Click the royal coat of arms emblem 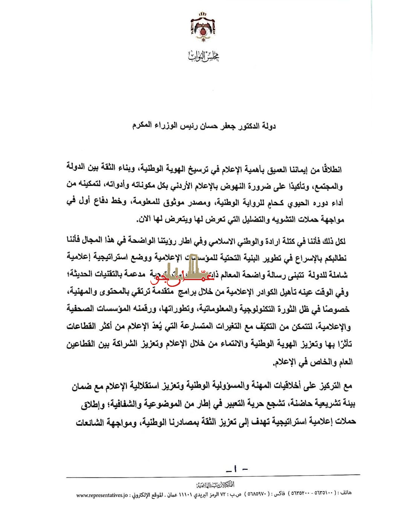pyautogui.click(x=203, y=27)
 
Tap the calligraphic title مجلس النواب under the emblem pyautogui.click(x=203, y=56)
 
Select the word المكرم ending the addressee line pyautogui.click(x=142, y=125)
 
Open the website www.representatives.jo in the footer pyautogui.click(x=102, y=495)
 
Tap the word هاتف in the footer pyautogui.click(x=346, y=493)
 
